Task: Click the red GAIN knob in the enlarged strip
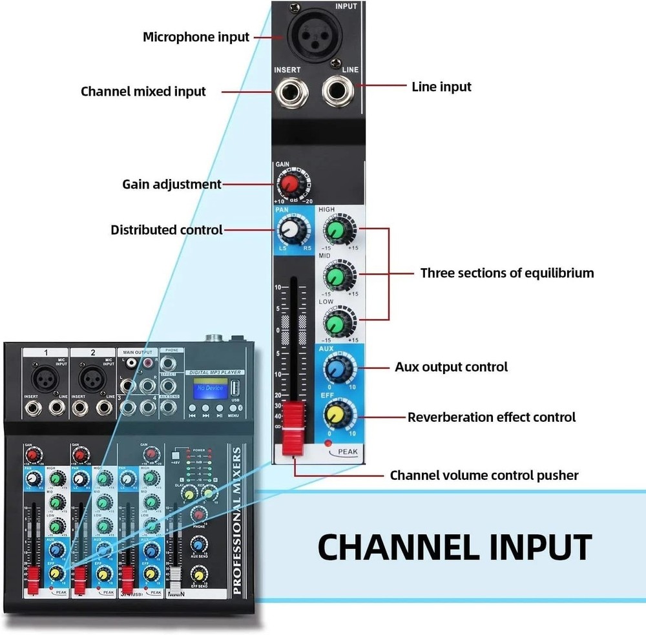point(291,184)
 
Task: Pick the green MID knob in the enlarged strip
point(335,276)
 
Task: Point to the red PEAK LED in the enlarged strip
point(329,444)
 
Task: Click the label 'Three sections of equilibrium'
point(506,273)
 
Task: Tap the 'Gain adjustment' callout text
point(172,184)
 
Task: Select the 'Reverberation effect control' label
point(491,417)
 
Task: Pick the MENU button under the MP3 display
point(233,409)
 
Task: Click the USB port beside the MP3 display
point(234,390)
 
